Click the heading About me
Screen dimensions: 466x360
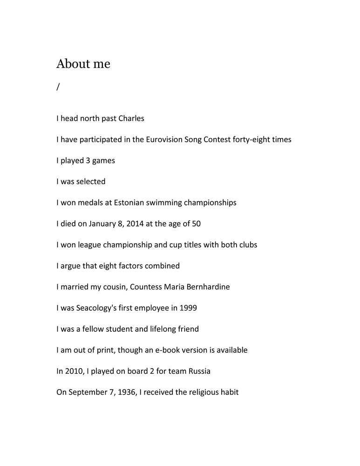83,64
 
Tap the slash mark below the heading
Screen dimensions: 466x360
58,87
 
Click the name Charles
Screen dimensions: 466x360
131,118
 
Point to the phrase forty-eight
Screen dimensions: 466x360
251,139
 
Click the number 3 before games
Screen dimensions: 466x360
88,161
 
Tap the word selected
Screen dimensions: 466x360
91,182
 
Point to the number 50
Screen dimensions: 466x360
196,224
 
